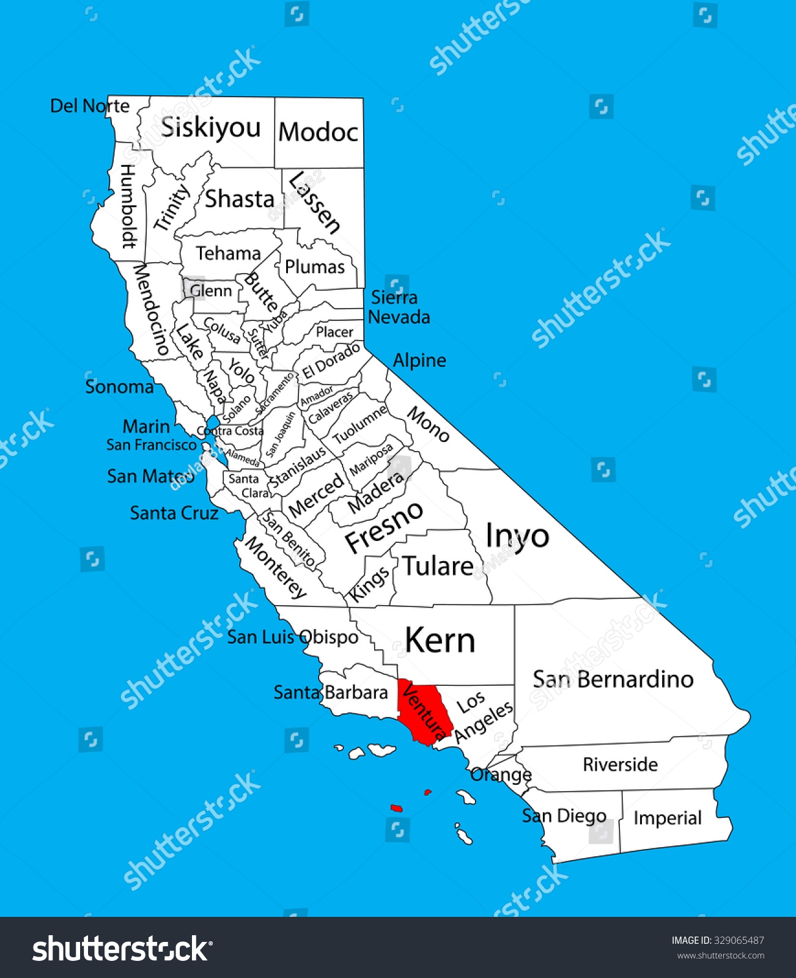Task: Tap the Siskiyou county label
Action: pos(211,128)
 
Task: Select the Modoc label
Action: pos(318,132)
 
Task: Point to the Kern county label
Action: pos(440,641)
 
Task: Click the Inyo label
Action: pos(517,537)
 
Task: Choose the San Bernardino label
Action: pos(613,679)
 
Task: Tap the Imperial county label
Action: pos(667,818)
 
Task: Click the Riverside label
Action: pos(620,764)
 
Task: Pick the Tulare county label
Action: pos(438,566)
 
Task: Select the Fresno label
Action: pos(384,526)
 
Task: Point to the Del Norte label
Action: pos(90,106)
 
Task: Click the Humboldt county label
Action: pos(128,206)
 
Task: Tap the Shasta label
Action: pos(240,199)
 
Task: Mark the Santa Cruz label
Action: pos(174,513)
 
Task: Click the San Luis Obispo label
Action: pos(293,637)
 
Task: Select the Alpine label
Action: pos(419,360)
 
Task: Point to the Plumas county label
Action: pos(315,267)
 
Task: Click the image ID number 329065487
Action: pos(739,940)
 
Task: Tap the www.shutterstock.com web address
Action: pos(720,955)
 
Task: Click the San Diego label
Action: pos(564,816)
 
